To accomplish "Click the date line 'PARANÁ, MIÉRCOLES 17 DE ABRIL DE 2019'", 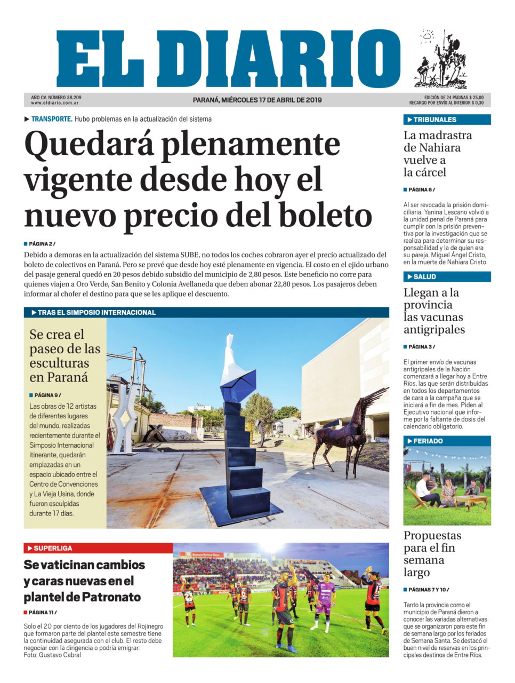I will tap(257, 100).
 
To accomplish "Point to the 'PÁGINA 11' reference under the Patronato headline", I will tap(42, 612).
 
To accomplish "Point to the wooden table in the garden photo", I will tap(470, 499).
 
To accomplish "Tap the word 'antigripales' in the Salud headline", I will tap(434, 329).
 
